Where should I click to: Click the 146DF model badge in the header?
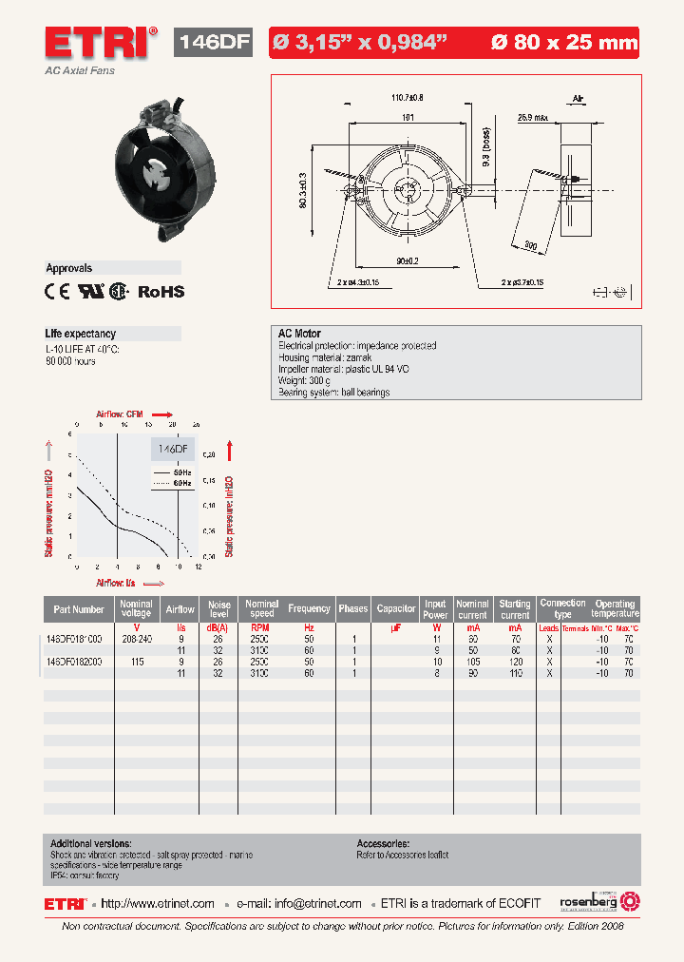click(x=214, y=43)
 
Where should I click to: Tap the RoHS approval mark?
click(x=161, y=293)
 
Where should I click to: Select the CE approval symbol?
click(x=57, y=293)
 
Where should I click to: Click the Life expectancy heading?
click(x=81, y=334)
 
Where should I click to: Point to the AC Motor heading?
click(x=299, y=334)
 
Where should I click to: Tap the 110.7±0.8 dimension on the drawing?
click(x=407, y=97)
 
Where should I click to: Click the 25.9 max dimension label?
click(x=533, y=118)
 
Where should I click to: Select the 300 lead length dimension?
click(x=529, y=246)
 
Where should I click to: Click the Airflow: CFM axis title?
click(x=120, y=414)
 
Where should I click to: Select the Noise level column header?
click(x=219, y=609)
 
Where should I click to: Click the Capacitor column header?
click(x=396, y=609)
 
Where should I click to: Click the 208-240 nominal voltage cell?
click(x=137, y=640)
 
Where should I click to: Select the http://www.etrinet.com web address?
click(x=158, y=903)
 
